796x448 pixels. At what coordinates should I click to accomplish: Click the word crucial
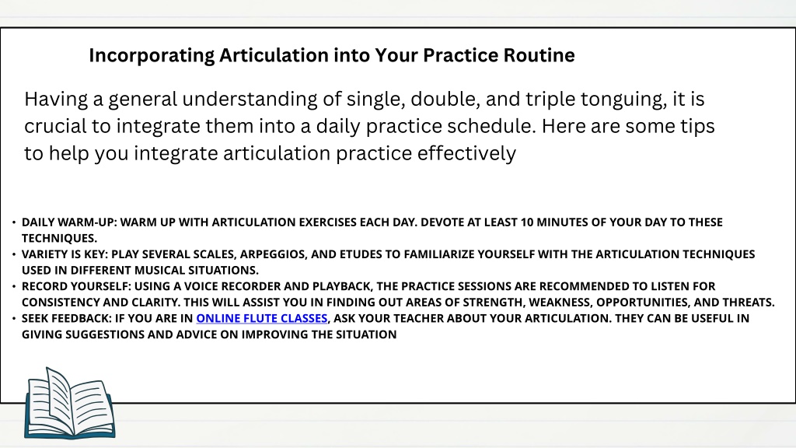tap(55, 126)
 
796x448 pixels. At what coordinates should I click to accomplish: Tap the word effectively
tap(466, 153)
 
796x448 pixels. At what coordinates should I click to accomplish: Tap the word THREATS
tap(747, 303)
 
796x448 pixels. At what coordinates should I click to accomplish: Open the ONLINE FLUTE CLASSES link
tap(262, 318)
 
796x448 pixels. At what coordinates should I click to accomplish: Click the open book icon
tap(69, 404)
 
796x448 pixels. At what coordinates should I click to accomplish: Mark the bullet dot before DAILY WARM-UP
tap(14, 222)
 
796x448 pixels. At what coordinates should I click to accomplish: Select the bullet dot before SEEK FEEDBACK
tap(14, 318)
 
